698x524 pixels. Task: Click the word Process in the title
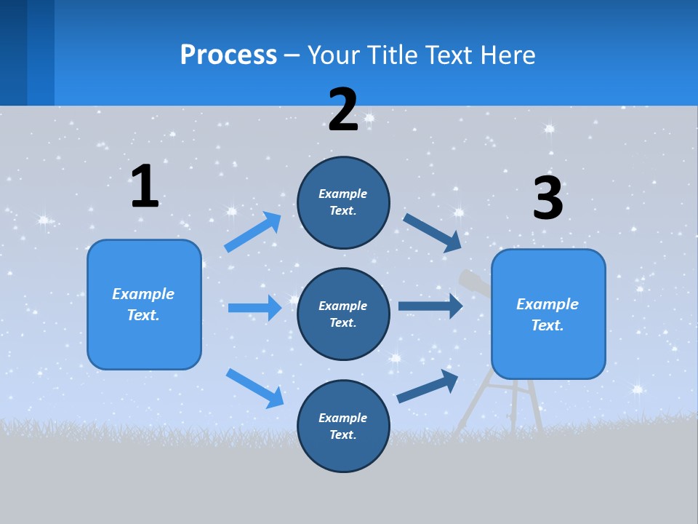[x=228, y=55]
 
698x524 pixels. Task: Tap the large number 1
[x=145, y=186]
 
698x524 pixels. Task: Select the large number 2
[x=343, y=110]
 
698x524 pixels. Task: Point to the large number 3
[x=547, y=199]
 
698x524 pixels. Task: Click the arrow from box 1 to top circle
[x=253, y=232]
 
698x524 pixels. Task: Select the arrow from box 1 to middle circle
[x=255, y=308]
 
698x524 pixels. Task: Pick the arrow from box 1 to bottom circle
[x=254, y=387]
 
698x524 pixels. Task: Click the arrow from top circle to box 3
[x=433, y=232]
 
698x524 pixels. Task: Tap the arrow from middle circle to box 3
[x=431, y=306]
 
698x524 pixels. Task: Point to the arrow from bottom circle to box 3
[x=428, y=386]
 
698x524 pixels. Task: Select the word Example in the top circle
[x=343, y=194]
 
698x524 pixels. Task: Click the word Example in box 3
[x=547, y=304]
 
